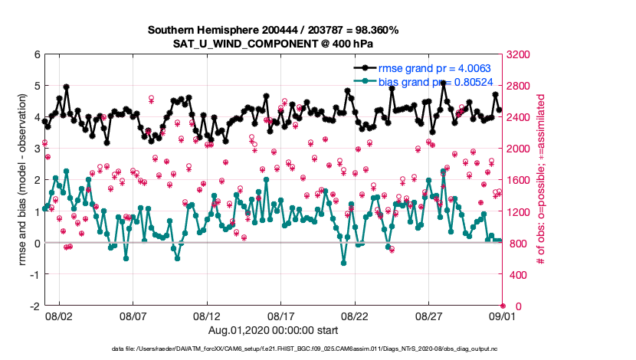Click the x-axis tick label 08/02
[59, 316]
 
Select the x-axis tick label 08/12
[207, 316]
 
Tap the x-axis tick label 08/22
[355, 316]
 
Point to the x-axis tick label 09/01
[503, 316]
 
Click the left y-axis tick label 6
[37, 54]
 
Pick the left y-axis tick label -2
[34, 306]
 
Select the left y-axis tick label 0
[37, 243]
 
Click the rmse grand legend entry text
[434, 68]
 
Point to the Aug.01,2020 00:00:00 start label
[272, 330]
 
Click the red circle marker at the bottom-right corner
[503, 306]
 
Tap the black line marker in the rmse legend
[372, 68]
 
